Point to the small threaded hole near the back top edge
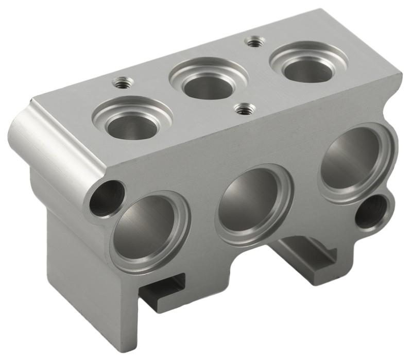point(253,42)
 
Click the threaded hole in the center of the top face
point(244,109)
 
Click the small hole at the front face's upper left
point(107,198)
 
